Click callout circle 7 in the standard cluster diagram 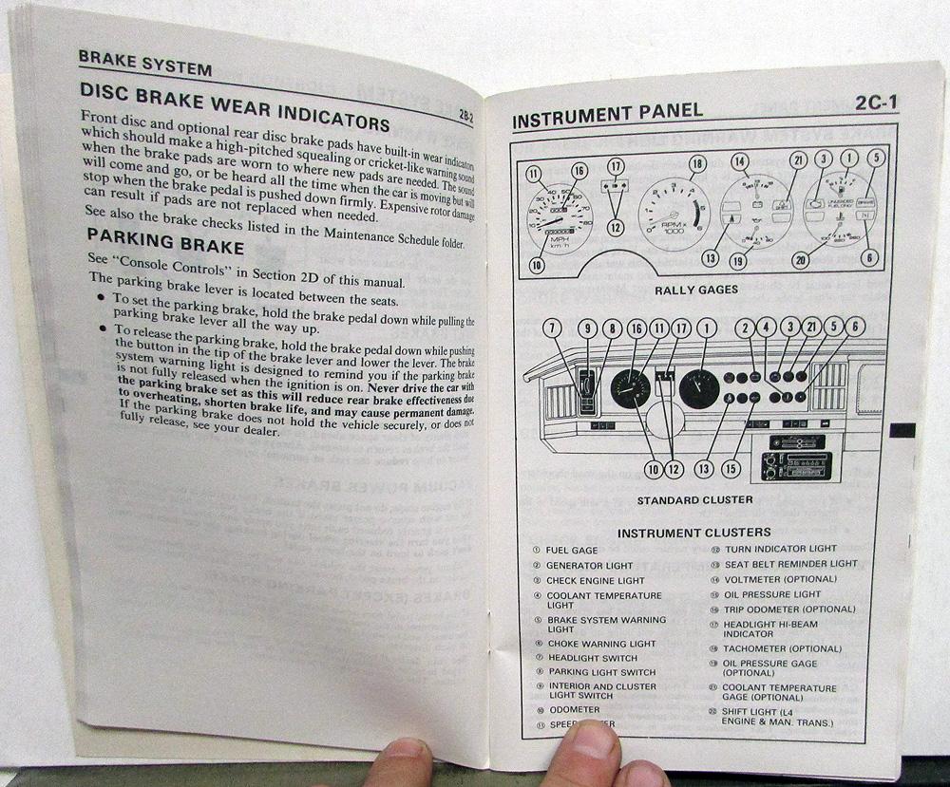552,328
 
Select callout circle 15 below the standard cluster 731,467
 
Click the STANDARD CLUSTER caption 694,499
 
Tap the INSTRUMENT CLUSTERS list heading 693,533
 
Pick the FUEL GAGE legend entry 571,551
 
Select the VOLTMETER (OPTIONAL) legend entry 768,579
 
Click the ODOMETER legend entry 574,709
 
